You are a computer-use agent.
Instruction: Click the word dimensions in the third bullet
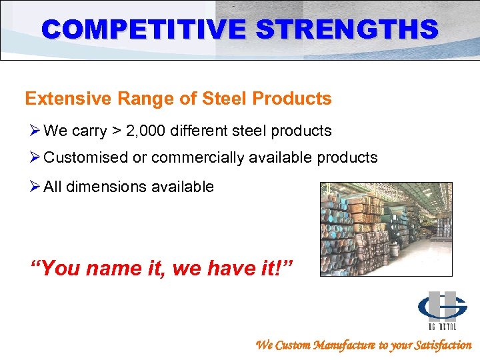[104, 187]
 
